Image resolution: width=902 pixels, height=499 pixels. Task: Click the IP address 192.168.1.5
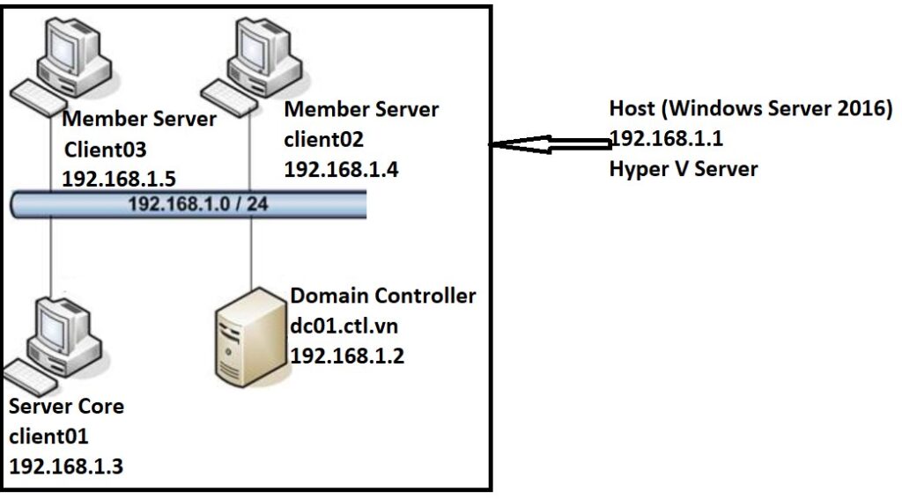pyautogui.click(x=119, y=179)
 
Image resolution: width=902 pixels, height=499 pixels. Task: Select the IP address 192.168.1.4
pyautogui.click(x=342, y=170)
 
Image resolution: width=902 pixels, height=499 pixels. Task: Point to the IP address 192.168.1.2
pyautogui.click(x=348, y=356)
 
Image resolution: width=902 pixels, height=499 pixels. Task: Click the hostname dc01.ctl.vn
pyautogui.click(x=344, y=326)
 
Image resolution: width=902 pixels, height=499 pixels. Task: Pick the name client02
pyautogui.click(x=324, y=140)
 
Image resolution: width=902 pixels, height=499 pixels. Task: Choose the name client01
pyautogui.click(x=49, y=436)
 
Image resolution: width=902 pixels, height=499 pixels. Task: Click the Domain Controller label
pyautogui.click(x=383, y=296)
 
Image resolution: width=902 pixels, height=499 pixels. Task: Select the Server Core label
pyautogui.click(x=66, y=407)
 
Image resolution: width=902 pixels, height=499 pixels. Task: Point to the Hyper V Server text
pyautogui.click(x=683, y=169)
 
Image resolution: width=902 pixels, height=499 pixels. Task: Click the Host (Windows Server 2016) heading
pyautogui.click(x=750, y=109)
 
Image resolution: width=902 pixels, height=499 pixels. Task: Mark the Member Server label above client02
pyautogui.click(x=361, y=110)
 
